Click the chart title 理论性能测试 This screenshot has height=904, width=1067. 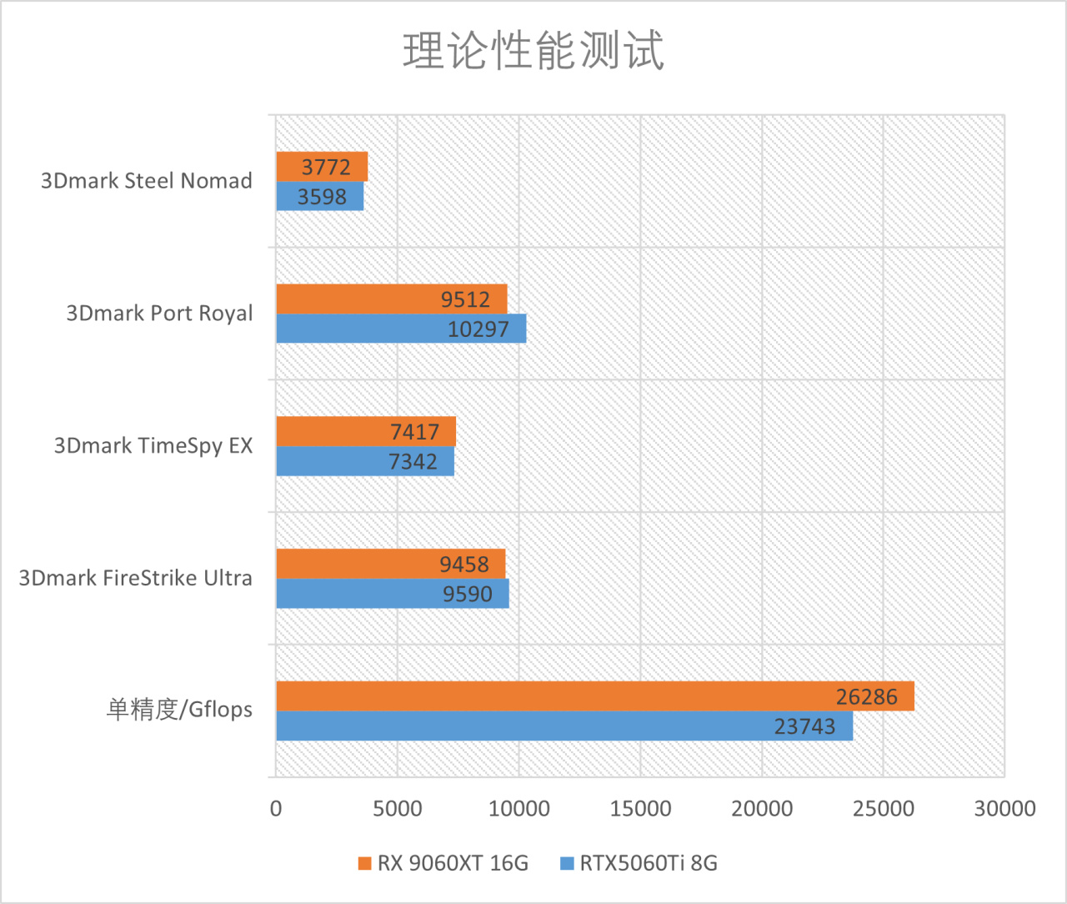(x=533, y=51)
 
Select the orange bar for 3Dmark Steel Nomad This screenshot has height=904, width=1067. (x=322, y=166)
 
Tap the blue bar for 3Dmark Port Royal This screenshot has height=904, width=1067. (x=401, y=329)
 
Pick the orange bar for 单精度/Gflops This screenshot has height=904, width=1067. (x=594, y=696)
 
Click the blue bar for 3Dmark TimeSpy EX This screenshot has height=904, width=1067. (x=365, y=461)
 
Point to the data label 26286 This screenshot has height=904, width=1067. (x=867, y=696)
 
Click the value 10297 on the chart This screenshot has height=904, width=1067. (x=478, y=329)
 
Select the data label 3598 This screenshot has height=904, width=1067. (x=322, y=197)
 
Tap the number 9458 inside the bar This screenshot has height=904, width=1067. (x=464, y=565)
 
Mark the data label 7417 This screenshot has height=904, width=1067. (x=414, y=431)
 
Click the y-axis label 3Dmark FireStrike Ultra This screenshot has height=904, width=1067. (x=136, y=578)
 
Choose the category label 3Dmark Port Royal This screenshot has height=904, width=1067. (x=159, y=313)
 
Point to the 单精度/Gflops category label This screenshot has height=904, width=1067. (x=179, y=710)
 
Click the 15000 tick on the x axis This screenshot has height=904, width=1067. (x=640, y=808)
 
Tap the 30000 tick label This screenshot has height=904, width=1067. (x=1004, y=808)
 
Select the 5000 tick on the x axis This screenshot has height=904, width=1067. (x=398, y=808)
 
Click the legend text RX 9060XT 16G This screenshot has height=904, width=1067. (x=453, y=863)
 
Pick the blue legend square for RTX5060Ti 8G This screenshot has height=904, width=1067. (x=568, y=863)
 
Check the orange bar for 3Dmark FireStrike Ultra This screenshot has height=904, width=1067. (x=390, y=564)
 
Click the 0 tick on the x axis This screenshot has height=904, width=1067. (x=276, y=808)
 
